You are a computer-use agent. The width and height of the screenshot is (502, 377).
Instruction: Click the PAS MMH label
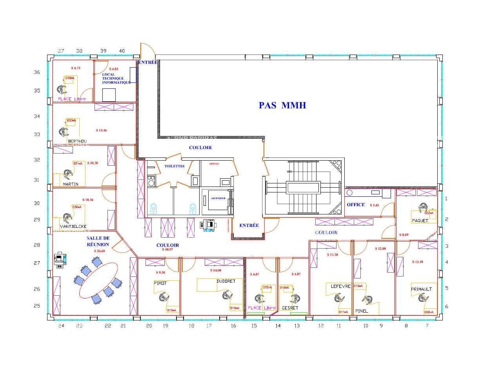(x=282, y=105)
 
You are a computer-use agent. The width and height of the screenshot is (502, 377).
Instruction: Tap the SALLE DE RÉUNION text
(x=98, y=241)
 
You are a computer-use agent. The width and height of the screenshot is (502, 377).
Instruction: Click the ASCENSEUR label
(x=218, y=198)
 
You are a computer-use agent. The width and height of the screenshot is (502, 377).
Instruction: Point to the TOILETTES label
(x=174, y=166)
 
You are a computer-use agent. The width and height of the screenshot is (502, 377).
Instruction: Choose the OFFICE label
(x=356, y=205)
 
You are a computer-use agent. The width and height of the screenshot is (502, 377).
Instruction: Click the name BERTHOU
(x=77, y=141)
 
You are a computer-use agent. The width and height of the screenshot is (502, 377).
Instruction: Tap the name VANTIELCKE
(x=73, y=226)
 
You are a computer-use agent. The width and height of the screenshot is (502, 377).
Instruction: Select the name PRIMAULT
(x=421, y=289)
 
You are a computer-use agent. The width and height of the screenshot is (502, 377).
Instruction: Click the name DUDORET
(x=226, y=281)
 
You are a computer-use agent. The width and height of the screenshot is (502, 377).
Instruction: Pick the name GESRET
(x=290, y=308)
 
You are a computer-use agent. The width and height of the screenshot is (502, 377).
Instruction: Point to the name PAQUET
(x=420, y=220)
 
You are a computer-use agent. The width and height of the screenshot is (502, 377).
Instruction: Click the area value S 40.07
(x=167, y=249)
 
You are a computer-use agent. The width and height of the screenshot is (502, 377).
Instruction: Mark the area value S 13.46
(x=101, y=130)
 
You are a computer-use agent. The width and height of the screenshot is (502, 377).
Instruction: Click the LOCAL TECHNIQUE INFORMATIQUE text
(x=116, y=79)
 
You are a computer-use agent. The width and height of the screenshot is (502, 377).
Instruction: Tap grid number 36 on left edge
(x=37, y=72)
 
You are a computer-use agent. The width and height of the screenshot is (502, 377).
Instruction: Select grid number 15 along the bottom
(x=254, y=326)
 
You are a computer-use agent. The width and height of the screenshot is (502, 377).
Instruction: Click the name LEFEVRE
(x=340, y=286)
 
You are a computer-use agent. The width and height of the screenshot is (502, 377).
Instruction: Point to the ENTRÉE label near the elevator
(x=249, y=225)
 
